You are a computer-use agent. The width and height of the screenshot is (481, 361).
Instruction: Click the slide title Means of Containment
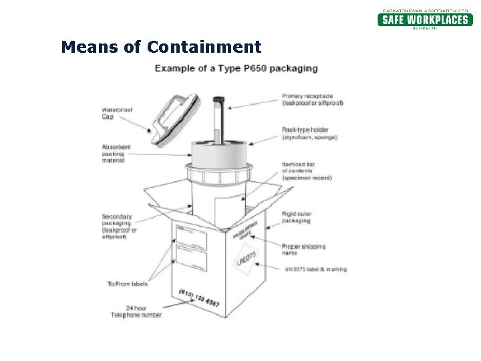point(161,47)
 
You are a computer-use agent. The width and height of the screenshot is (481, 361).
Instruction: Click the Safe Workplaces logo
point(425,19)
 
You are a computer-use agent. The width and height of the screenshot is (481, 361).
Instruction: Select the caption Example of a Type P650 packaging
point(236,68)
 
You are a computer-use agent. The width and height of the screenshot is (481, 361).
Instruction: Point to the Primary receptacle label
point(313,100)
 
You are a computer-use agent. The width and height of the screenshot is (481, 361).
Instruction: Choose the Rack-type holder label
point(310,134)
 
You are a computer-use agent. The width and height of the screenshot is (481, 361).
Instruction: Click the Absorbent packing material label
point(116,154)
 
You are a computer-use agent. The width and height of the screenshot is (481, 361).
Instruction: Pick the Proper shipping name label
point(303,250)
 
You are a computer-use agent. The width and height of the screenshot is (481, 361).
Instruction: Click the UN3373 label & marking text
point(315,269)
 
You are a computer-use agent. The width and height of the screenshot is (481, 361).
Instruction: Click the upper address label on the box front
point(191,235)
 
